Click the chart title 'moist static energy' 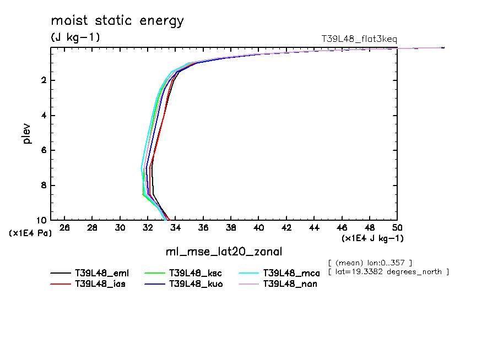click(117, 21)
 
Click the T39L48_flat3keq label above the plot click(359, 39)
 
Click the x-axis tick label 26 click(64, 227)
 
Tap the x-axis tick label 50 click(397, 227)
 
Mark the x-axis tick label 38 click(231, 227)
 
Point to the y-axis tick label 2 click(43, 81)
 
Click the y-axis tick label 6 click(43, 150)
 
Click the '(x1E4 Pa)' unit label click(30, 233)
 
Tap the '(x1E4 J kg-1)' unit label click(373, 238)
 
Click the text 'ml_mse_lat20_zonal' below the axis click(224, 252)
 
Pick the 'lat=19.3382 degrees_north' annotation click(388, 272)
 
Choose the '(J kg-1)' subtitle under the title click(75, 37)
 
